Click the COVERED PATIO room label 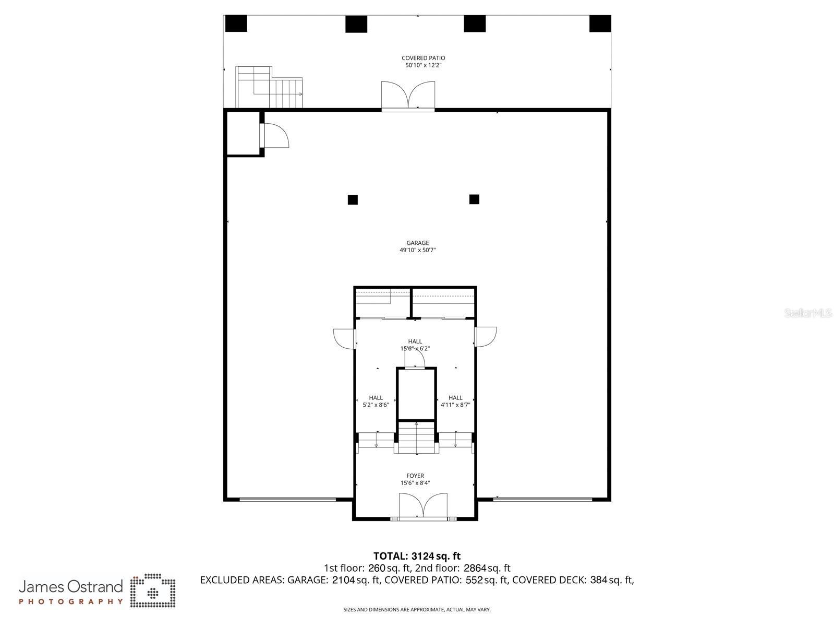(x=423, y=62)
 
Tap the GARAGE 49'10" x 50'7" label (x=417, y=246)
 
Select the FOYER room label (x=415, y=479)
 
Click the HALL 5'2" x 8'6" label (x=376, y=401)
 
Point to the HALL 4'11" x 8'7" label (x=455, y=401)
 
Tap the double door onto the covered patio (x=408, y=96)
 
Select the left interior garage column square (x=353, y=199)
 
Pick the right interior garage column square (x=474, y=199)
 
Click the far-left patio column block (x=236, y=23)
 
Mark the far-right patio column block (x=600, y=23)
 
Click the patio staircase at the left (x=269, y=87)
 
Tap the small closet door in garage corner (x=274, y=135)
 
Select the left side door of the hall (x=345, y=338)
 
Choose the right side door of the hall (x=485, y=337)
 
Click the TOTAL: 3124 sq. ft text (x=417, y=556)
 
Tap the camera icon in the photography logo (x=153, y=592)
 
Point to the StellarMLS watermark (x=808, y=313)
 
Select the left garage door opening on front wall (x=287, y=500)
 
